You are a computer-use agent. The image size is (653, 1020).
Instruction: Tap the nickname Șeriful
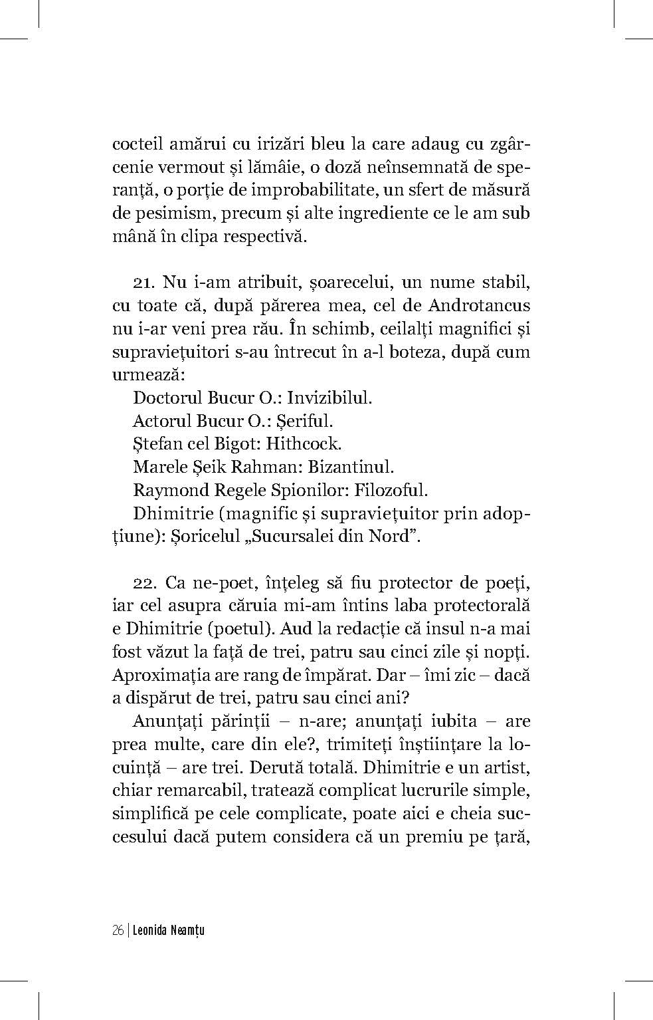point(302,421)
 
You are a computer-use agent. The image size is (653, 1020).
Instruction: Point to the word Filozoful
point(391,490)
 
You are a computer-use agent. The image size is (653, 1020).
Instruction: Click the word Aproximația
point(154,675)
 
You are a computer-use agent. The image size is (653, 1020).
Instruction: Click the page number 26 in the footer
point(118,931)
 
